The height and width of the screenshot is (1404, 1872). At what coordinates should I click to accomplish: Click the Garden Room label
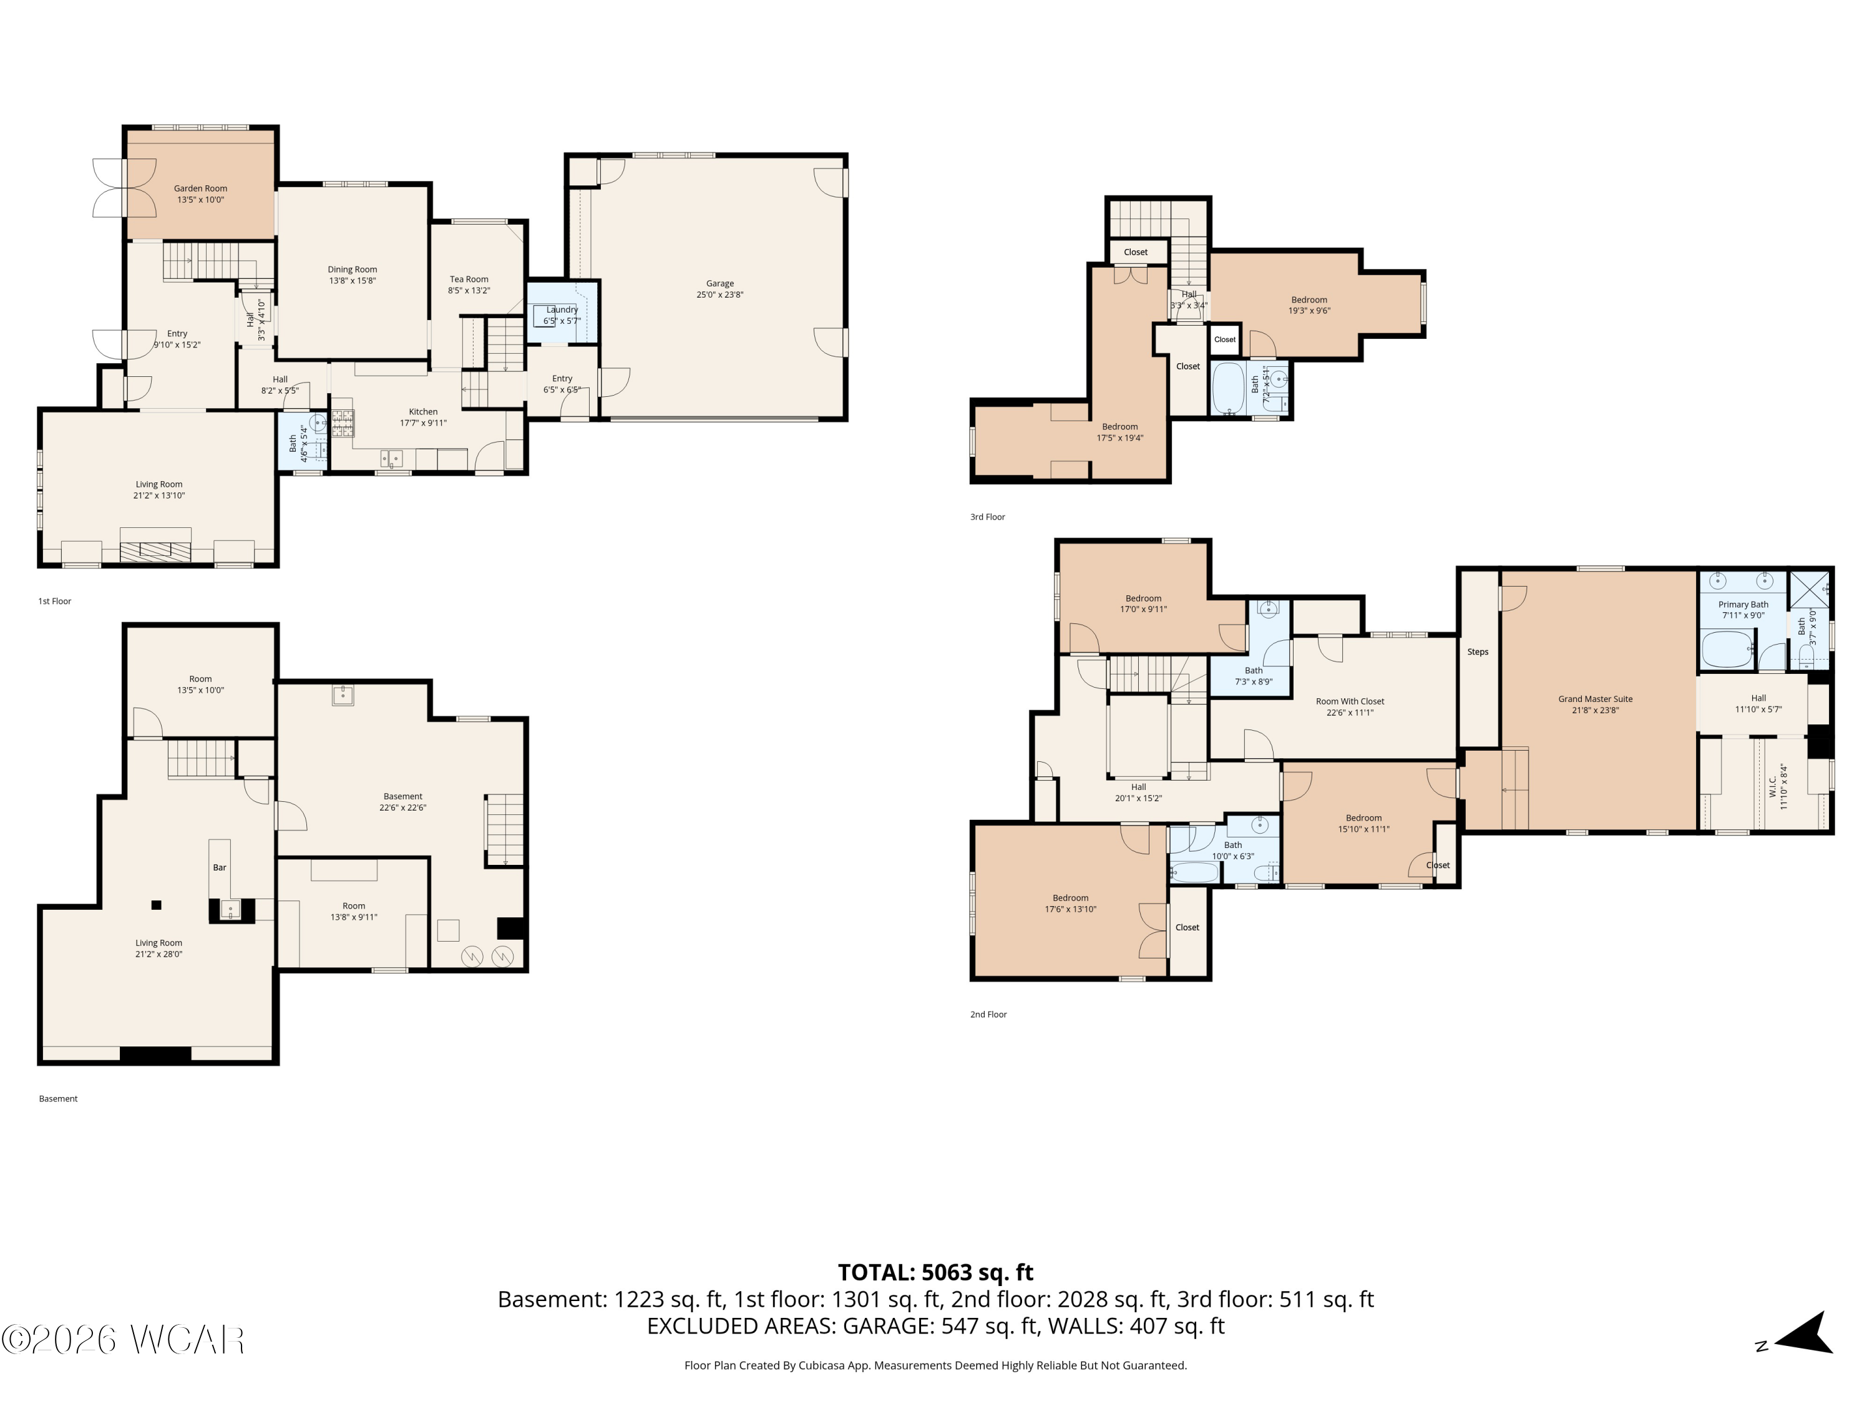tap(200, 188)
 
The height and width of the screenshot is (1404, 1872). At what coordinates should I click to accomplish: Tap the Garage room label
tap(720, 283)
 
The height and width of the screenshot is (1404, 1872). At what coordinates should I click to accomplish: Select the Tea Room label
tap(469, 280)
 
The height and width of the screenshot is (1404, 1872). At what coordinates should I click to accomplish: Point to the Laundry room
tap(562, 311)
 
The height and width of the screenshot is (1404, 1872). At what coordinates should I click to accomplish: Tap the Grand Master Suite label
tap(1596, 699)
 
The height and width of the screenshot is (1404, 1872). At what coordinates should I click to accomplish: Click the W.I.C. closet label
tap(1773, 787)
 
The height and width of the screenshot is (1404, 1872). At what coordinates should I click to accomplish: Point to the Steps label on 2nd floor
tap(1478, 651)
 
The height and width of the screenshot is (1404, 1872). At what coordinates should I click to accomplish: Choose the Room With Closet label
tap(1350, 701)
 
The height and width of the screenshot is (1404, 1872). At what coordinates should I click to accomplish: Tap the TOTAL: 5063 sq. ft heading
tap(935, 1273)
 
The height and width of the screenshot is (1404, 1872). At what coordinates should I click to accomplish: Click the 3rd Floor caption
tap(988, 517)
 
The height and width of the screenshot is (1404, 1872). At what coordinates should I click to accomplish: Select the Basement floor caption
tap(59, 1098)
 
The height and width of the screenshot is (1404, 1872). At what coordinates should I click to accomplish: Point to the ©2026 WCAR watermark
tap(124, 1340)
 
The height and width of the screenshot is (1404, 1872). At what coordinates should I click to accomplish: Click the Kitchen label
tap(423, 412)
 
